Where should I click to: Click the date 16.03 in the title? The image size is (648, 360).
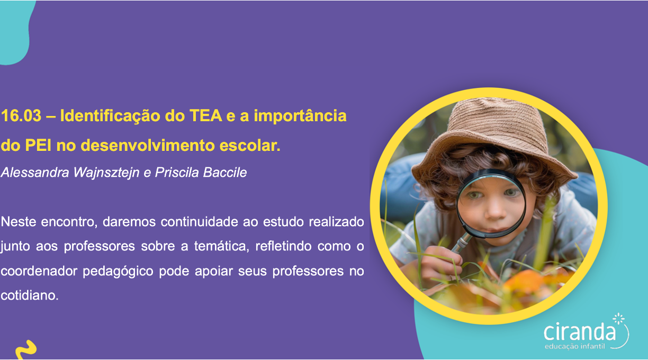[21, 116]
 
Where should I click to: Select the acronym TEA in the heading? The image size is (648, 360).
[206, 116]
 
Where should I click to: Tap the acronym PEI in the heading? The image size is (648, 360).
[38, 145]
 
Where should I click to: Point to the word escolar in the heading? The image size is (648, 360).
[250, 145]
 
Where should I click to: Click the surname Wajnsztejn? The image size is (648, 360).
[106, 173]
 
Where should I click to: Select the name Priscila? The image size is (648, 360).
[177, 173]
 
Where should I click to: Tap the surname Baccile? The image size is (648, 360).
[225, 173]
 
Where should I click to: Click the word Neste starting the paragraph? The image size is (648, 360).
[19, 222]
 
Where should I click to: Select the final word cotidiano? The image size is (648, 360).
[30, 295]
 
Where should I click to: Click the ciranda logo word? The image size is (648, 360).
[580, 332]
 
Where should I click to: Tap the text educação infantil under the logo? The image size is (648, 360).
[575, 346]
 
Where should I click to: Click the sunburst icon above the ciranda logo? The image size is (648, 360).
[618, 319]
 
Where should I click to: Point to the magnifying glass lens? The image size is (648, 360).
[491, 203]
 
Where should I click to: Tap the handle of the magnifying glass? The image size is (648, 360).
[462, 242]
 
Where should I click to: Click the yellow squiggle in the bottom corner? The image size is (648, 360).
[26, 350]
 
